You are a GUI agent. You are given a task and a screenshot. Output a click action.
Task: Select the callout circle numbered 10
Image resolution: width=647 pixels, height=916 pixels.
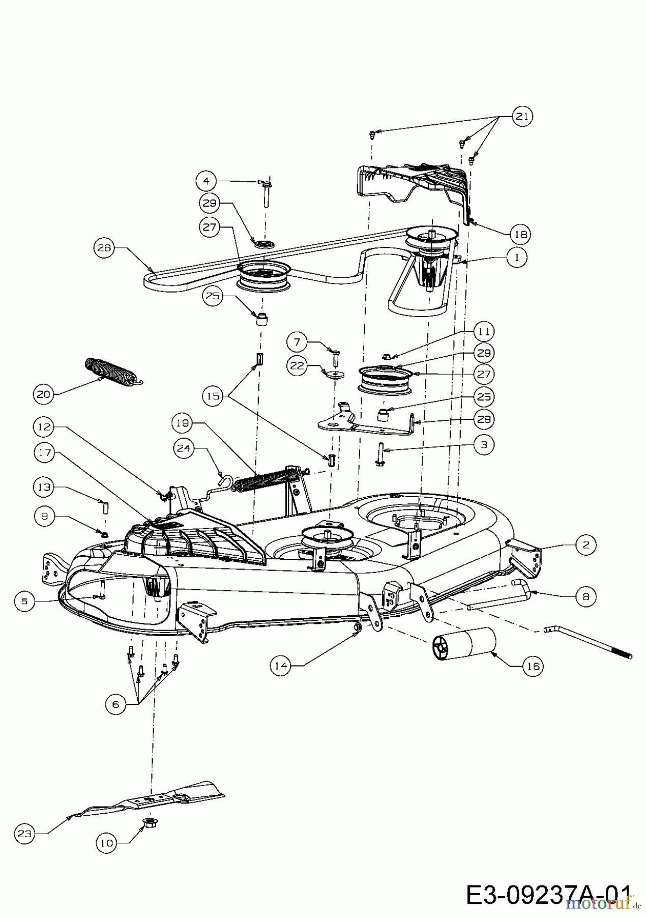pyautogui.click(x=106, y=843)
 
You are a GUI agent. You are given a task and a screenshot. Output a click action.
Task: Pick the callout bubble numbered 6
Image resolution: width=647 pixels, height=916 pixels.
pyautogui.click(x=115, y=704)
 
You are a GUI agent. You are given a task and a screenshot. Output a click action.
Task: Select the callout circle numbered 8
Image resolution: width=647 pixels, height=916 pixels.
pyautogui.click(x=585, y=596)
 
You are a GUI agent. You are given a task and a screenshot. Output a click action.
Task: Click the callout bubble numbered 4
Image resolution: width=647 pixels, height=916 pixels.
pyautogui.click(x=206, y=181)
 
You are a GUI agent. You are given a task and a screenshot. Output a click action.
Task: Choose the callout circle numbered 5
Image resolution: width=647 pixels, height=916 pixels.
pyautogui.click(x=24, y=601)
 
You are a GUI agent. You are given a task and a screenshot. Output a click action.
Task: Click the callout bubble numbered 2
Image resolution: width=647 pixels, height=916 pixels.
pyautogui.click(x=585, y=545)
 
